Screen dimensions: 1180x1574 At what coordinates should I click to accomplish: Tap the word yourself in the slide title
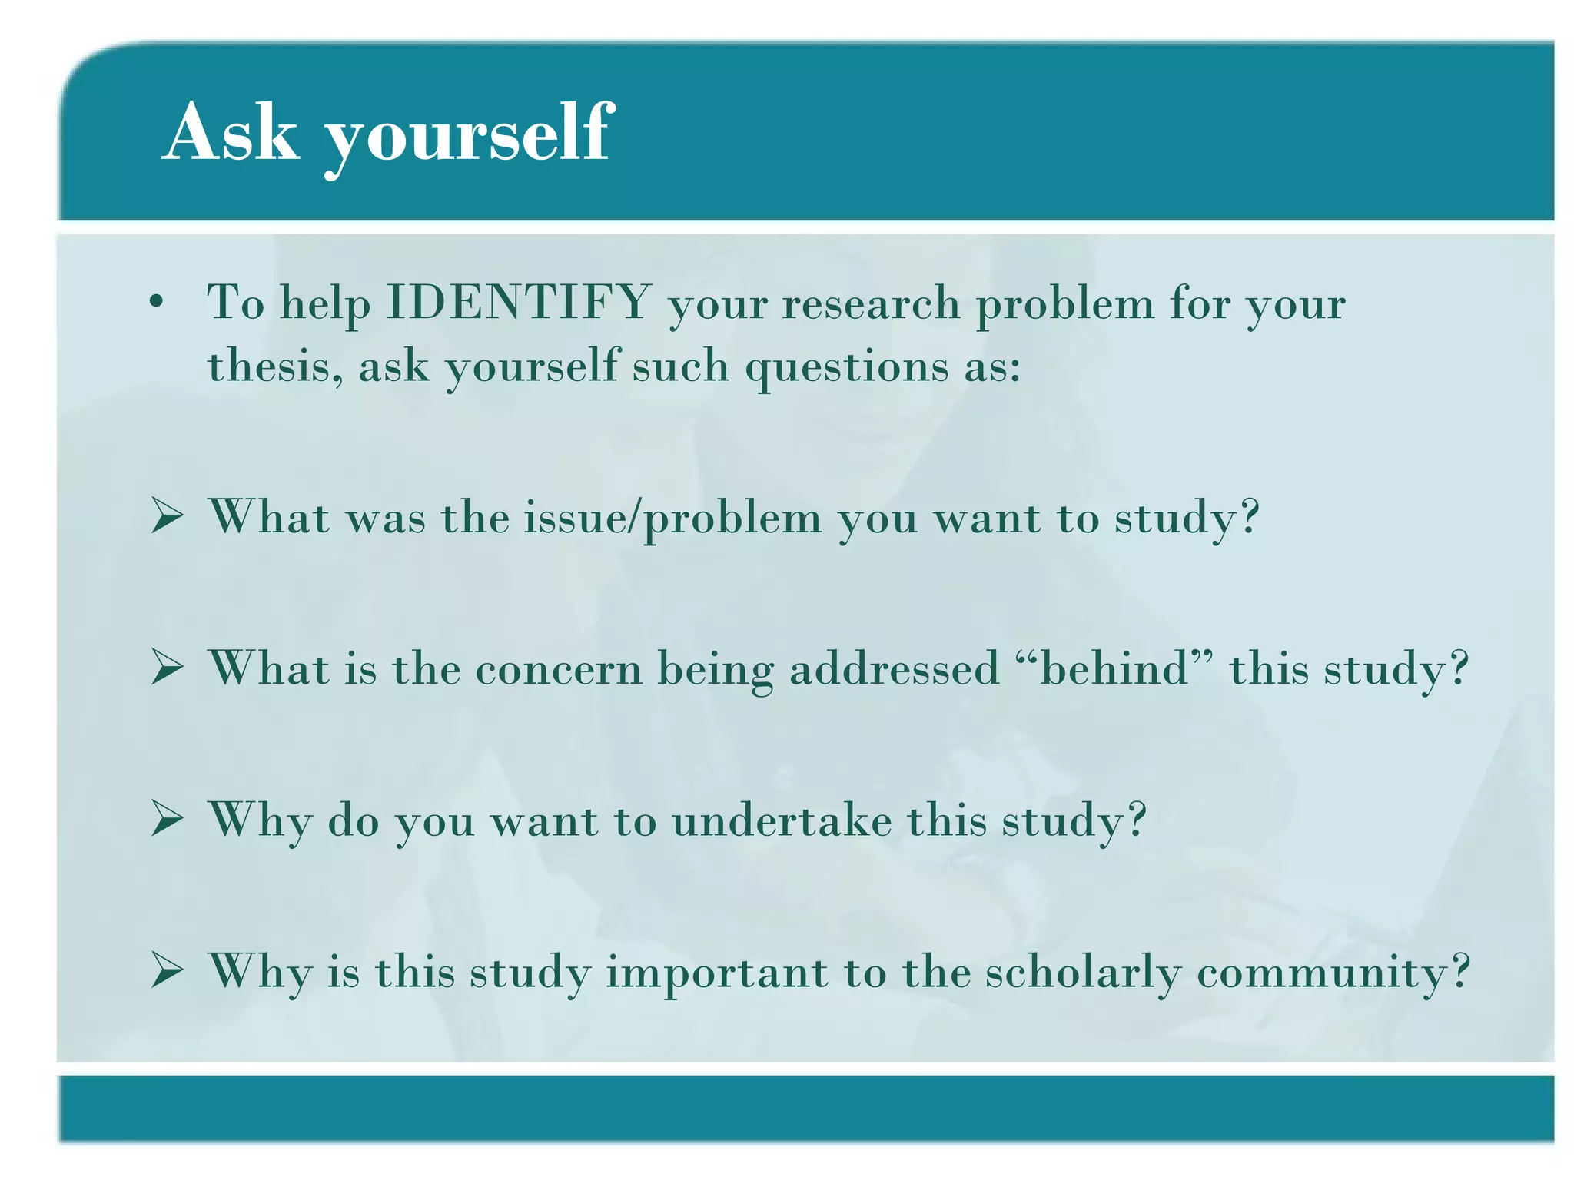tap(469, 137)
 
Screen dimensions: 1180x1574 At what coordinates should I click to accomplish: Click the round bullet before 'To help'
tap(157, 303)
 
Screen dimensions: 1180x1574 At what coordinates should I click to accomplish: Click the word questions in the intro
tap(847, 367)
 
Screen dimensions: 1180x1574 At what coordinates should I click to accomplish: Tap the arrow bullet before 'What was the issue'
tap(167, 516)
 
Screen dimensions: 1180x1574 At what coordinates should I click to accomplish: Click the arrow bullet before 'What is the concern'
tap(167, 667)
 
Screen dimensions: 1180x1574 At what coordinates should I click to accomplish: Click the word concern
tap(559, 668)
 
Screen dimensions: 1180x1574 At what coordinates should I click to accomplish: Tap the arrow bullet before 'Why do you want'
tap(167, 818)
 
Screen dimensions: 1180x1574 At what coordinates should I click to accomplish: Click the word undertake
tap(782, 820)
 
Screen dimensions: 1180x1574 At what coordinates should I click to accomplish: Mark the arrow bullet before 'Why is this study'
tap(167, 970)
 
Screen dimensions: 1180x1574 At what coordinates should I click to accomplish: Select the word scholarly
tap(1083, 972)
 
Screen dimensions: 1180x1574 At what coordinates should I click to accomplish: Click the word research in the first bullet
tap(871, 303)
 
